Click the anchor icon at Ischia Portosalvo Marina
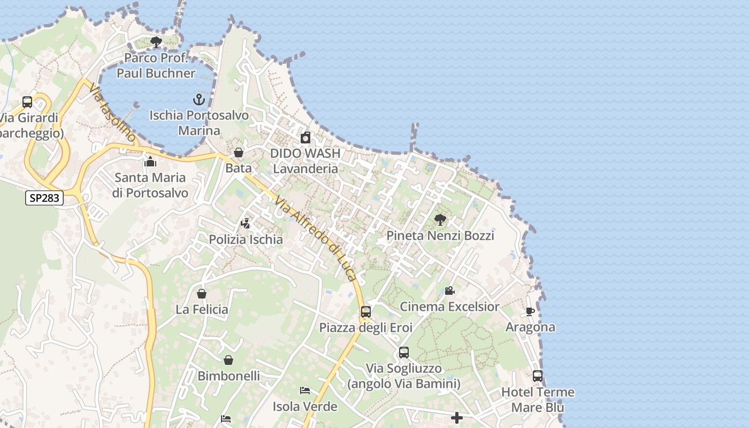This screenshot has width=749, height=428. [x=199, y=100]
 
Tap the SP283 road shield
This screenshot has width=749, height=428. [x=44, y=198]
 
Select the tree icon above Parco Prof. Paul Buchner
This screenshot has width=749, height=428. [x=156, y=42]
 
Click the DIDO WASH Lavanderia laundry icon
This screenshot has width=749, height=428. [x=305, y=137]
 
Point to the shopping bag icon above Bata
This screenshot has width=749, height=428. [x=239, y=152]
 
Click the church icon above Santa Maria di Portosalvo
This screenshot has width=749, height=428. [x=150, y=162]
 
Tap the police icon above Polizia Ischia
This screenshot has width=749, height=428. [x=246, y=223]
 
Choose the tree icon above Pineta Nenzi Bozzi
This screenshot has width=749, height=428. [x=440, y=219]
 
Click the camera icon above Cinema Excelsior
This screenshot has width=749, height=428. [x=449, y=291]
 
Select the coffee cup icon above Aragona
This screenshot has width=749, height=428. [x=530, y=311]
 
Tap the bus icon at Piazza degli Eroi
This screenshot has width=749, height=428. [x=366, y=311]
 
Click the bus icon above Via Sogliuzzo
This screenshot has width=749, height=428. [x=404, y=353]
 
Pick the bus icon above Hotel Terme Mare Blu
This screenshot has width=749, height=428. [x=538, y=376]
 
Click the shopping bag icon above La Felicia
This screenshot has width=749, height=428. [x=202, y=293]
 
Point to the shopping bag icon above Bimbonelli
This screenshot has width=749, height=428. [x=228, y=360]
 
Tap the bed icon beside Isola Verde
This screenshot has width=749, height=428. [x=305, y=391]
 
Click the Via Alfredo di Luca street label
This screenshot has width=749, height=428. [x=316, y=238]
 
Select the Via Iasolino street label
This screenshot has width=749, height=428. [x=113, y=112]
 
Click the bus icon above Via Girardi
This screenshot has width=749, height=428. [x=27, y=102]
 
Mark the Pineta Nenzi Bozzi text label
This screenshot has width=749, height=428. [x=440, y=235]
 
